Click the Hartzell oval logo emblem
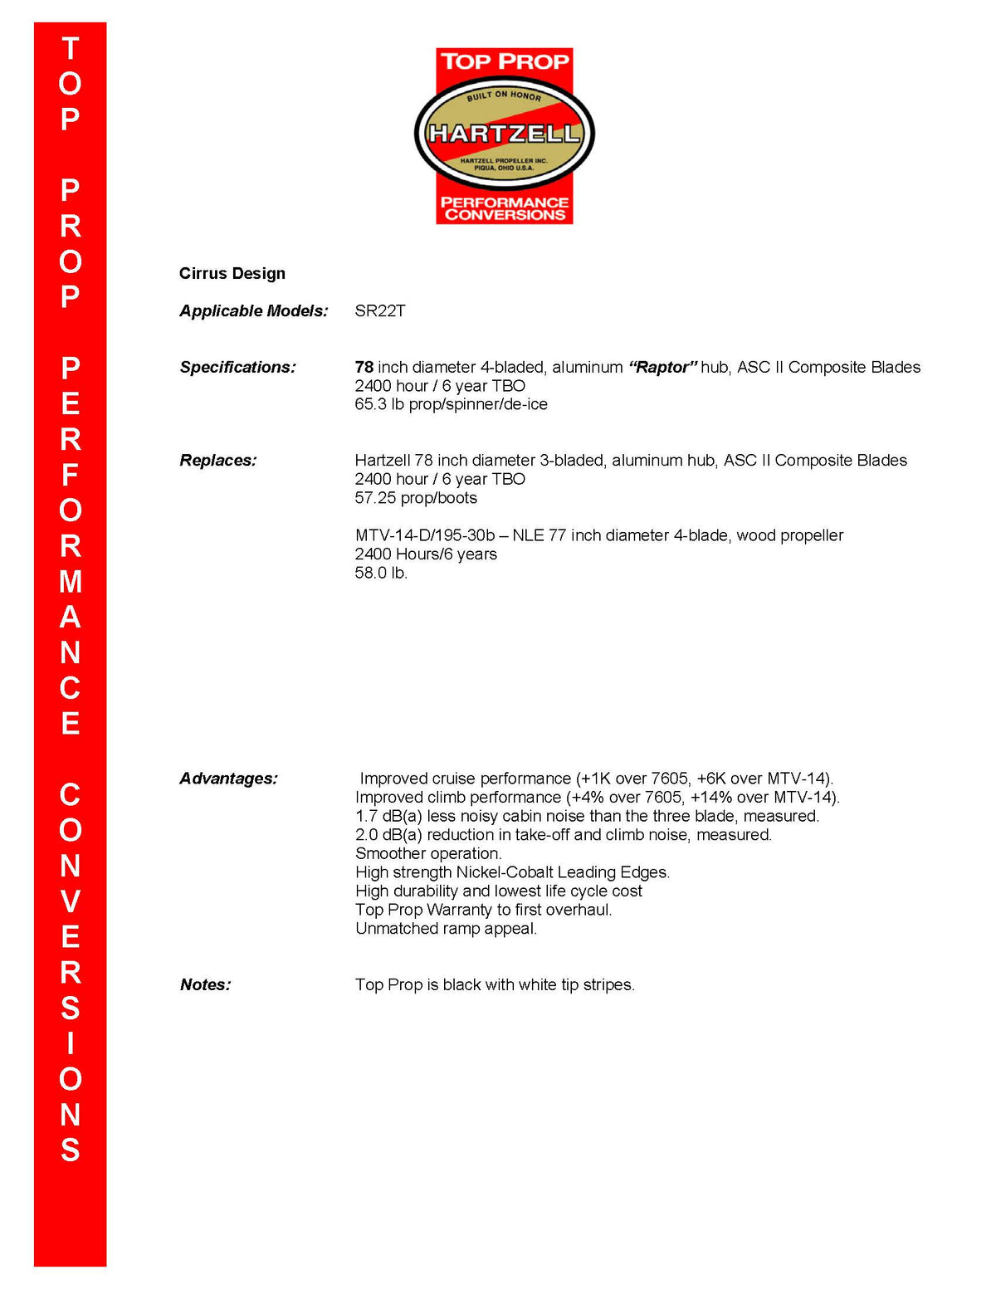pos(504,133)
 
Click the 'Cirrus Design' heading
pos(232,274)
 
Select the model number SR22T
pos(380,311)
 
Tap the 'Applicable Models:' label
pos(254,311)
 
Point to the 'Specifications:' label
pos(238,367)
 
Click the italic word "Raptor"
pos(662,367)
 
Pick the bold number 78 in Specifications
pos(364,367)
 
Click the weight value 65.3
pos(370,404)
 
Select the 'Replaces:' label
pos(218,461)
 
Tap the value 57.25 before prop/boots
pos(375,498)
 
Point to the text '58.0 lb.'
pos(381,573)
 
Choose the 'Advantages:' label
pos(229,779)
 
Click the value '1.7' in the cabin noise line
pos(366,816)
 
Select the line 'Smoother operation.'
pos(428,853)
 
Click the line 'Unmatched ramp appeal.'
pos(446,929)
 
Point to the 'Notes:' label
pos(206,985)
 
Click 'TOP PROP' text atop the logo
pos(505,61)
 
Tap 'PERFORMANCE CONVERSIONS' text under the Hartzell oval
pos(505,208)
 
